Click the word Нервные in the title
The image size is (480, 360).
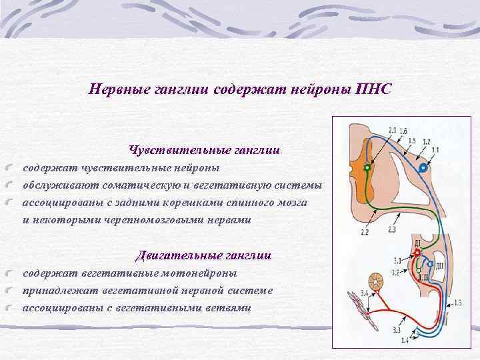[115, 89]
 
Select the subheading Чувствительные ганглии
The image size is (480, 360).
[203, 151]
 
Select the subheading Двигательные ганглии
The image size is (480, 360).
[203, 255]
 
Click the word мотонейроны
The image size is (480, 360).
[204, 273]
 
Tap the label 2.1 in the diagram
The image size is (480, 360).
[391, 130]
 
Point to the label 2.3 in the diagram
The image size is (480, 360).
[391, 230]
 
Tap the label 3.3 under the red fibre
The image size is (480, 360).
[397, 330]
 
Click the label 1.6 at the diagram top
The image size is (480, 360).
[403, 131]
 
